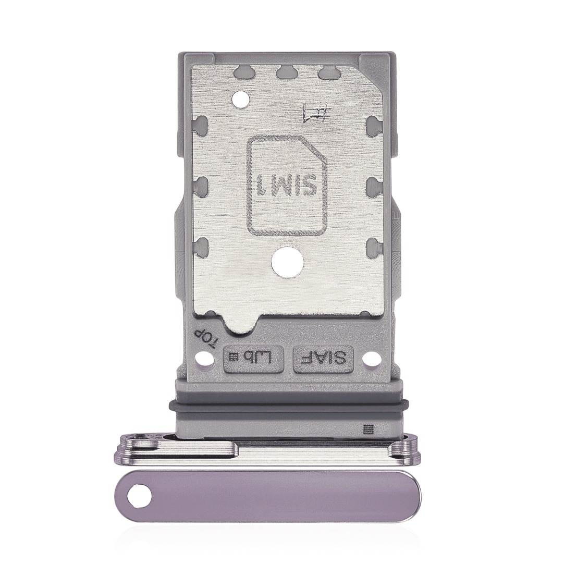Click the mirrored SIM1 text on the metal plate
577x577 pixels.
coord(288,184)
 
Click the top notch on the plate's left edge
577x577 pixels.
coord(202,125)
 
